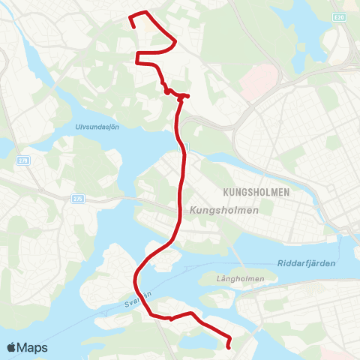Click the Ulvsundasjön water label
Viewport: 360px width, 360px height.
(x=98, y=127)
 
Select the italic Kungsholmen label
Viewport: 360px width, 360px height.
(x=225, y=211)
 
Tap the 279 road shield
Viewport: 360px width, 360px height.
(x=22, y=160)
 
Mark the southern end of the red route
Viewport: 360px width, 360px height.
(x=228, y=346)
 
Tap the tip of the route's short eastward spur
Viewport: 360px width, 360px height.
(x=187, y=96)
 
